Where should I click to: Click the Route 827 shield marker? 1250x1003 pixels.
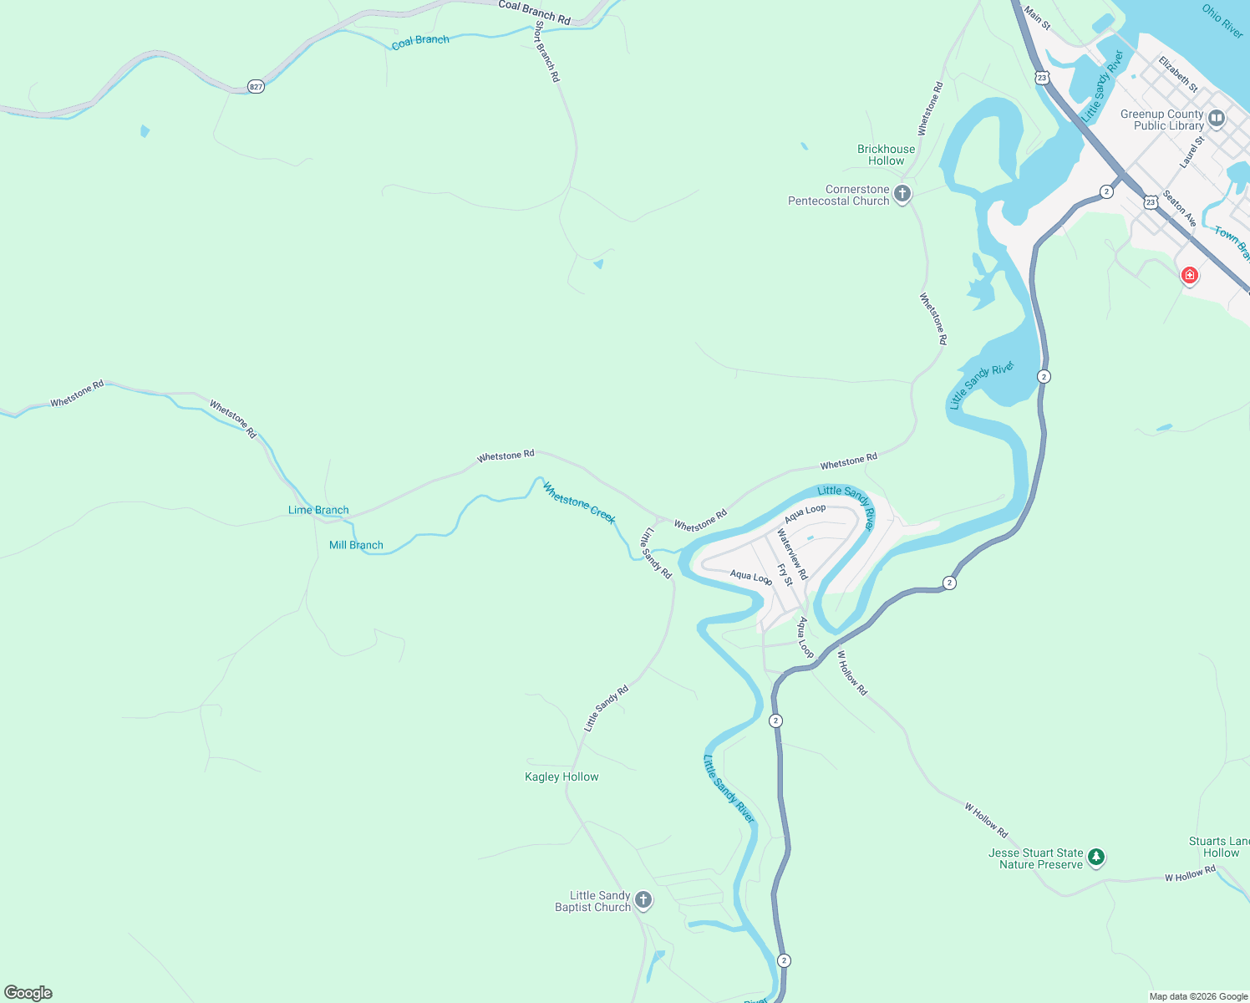click(x=256, y=87)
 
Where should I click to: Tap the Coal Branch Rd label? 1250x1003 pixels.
click(x=534, y=11)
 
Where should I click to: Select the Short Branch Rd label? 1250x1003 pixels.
click(x=546, y=51)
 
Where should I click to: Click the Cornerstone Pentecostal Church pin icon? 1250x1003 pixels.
click(x=902, y=194)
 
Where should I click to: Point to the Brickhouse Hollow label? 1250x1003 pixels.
click(x=886, y=155)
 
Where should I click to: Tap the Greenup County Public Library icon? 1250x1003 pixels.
click(x=1217, y=119)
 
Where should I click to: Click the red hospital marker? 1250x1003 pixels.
click(x=1189, y=275)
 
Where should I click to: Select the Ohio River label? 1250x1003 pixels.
click(x=1222, y=20)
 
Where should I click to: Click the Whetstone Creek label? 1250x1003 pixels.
click(x=579, y=502)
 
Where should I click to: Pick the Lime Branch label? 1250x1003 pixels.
click(x=318, y=510)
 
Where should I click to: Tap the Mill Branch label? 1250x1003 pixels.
click(x=356, y=545)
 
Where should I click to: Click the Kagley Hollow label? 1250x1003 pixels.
click(x=561, y=776)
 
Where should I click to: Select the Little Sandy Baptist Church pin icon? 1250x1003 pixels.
click(x=643, y=900)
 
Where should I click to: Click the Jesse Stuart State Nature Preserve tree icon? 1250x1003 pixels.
click(x=1096, y=857)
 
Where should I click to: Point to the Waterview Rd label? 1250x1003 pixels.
click(x=792, y=554)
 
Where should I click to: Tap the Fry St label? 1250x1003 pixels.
click(x=785, y=574)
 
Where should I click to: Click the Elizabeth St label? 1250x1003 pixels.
click(x=1178, y=74)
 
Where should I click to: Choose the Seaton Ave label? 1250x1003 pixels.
click(x=1180, y=208)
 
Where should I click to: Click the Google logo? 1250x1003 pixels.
click(x=28, y=993)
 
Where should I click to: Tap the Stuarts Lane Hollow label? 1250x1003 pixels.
click(x=1221, y=847)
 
